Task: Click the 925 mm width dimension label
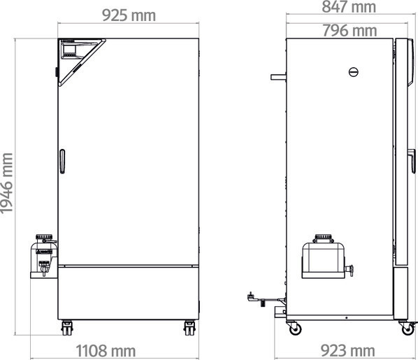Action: point(129,15)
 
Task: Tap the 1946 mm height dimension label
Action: point(7,183)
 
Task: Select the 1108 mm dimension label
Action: point(106,351)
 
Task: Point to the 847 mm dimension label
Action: point(349,7)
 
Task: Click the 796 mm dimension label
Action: point(349,30)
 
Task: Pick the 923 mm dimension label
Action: point(347,350)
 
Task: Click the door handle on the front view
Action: point(62,161)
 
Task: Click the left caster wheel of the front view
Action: point(66,328)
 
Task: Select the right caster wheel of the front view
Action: point(189,328)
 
